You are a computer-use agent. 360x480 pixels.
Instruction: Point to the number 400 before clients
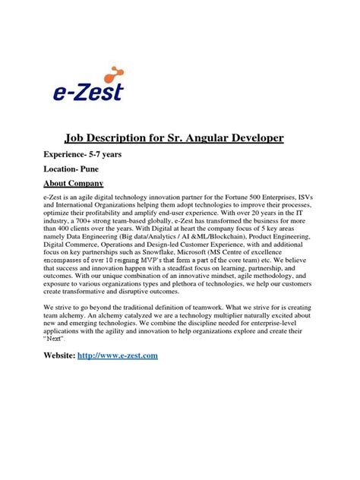click(68, 234)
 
